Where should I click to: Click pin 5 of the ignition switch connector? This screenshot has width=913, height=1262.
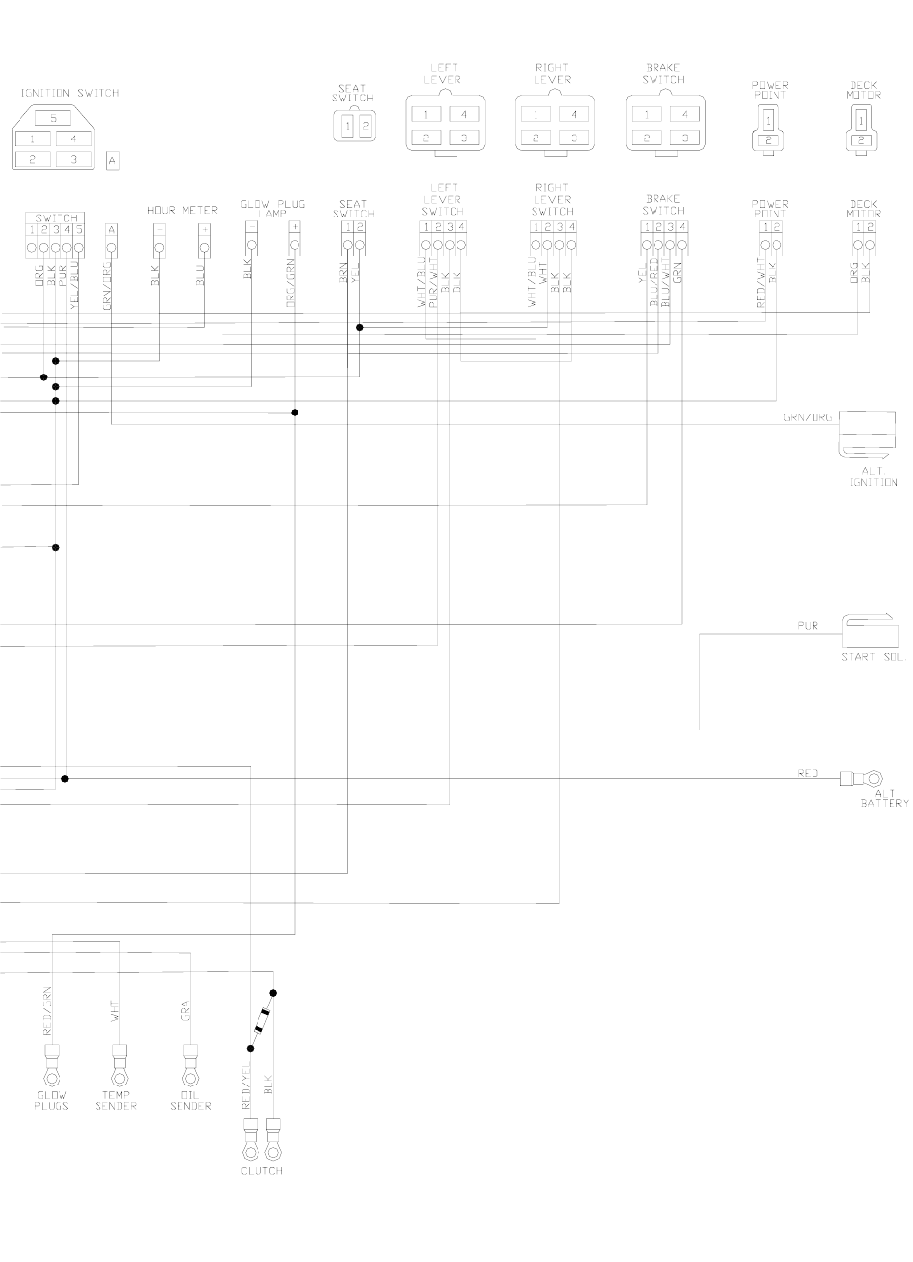pos(53,118)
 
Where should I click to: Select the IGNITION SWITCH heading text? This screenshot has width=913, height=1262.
pos(69,93)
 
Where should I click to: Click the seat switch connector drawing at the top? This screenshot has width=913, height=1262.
pos(353,125)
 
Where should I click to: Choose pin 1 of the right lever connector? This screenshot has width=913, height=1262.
pos(534,114)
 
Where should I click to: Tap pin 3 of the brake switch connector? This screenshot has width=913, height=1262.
pos(686,138)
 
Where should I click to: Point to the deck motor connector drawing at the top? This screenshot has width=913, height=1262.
pos(861,129)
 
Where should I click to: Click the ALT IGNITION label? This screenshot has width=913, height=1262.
pos(873,477)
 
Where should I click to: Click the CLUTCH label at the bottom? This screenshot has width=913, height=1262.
pos(261,1170)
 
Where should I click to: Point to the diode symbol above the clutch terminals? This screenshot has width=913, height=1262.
pos(260,1022)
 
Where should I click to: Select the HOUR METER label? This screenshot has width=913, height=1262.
pos(182,210)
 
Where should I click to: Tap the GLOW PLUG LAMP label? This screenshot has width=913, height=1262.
pos(273,209)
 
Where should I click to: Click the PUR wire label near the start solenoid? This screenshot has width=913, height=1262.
pos(807,625)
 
